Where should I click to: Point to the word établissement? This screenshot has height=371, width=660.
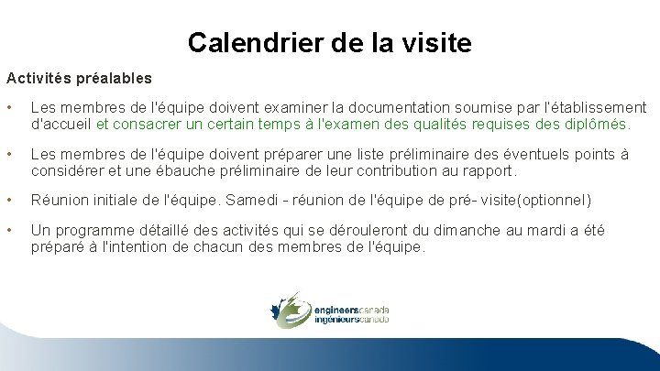[596, 108]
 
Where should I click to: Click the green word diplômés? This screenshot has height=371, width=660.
[598, 124]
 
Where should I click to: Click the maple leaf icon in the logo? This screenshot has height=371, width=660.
[289, 309]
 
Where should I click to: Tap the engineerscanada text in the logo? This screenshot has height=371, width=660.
[350, 310]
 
